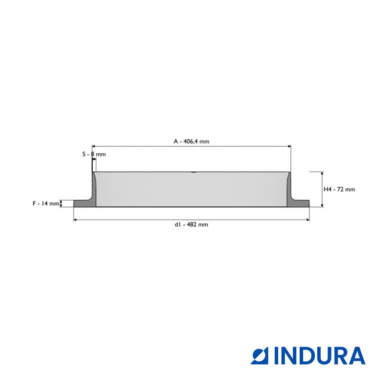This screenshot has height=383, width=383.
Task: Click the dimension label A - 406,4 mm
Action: (x=191, y=141)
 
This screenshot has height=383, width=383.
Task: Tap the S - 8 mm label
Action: (x=94, y=154)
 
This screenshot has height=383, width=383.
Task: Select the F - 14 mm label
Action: (x=46, y=203)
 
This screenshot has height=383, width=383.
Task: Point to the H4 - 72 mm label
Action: (x=339, y=189)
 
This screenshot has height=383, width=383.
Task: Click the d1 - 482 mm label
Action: (x=191, y=224)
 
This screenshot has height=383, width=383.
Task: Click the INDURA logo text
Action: (x=320, y=356)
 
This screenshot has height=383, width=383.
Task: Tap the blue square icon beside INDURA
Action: (x=260, y=356)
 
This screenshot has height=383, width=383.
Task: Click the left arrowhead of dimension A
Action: (x=93, y=146)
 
